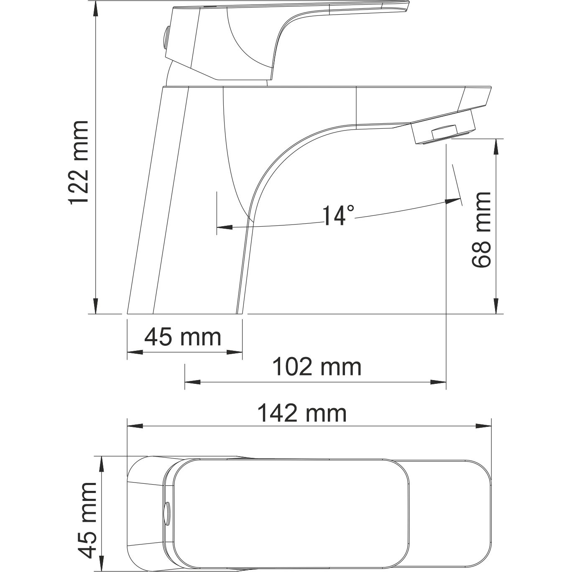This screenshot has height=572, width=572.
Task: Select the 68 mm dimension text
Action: [481, 230]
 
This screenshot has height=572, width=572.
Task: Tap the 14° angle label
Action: [338, 215]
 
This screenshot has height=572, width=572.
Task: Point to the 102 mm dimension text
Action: [317, 367]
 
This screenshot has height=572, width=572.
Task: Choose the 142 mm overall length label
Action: [301, 414]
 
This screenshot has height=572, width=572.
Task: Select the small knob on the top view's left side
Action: [167, 512]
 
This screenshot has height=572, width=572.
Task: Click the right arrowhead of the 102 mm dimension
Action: [439, 382]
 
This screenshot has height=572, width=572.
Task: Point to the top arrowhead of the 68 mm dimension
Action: [496, 146]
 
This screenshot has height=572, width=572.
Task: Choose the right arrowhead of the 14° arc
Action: [451, 201]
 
